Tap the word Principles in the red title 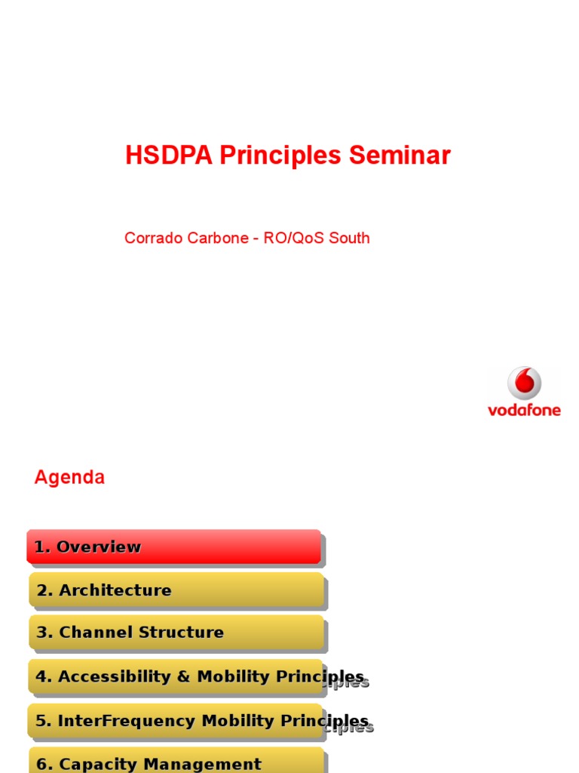(x=280, y=156)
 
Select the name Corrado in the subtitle (x=149, y=239)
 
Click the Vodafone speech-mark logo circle (x=524, y=383)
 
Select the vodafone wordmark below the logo (x=524, y=411)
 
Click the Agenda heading (x=69, y=477)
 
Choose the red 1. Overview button (x=173, y=547)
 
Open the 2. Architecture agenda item (x=176, y=590)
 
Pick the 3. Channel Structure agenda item (x=176, y=633)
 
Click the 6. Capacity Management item (x=176, y=762)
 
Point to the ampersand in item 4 (x=183, y=676)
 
